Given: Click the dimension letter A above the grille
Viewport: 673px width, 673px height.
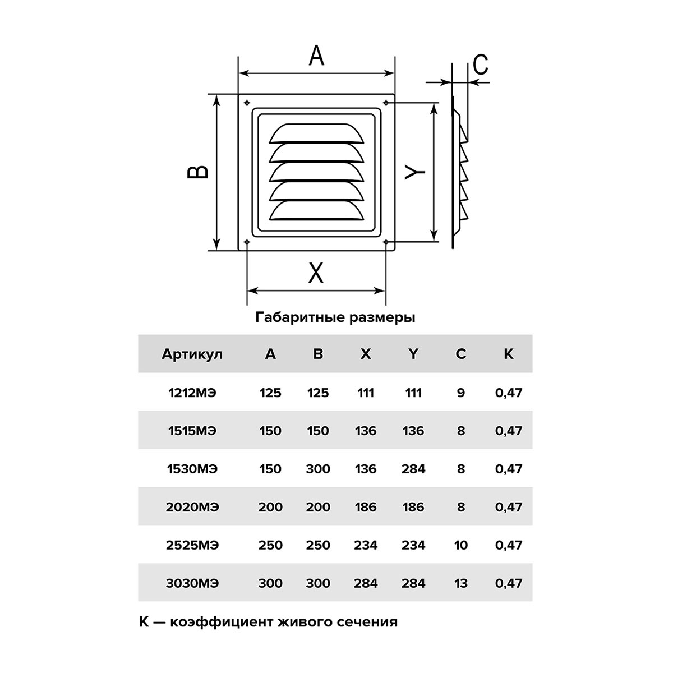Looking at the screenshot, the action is tap(316, 56).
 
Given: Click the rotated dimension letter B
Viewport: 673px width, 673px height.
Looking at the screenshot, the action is tap(198, 172).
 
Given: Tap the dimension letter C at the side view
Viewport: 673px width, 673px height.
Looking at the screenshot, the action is tap(481, 64).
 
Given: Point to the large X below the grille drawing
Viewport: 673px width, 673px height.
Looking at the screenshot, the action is tap(316, 273).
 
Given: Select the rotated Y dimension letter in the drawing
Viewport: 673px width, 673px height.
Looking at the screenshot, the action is tap(415, 172).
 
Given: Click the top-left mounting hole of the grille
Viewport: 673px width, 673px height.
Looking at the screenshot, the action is tap(247, 103).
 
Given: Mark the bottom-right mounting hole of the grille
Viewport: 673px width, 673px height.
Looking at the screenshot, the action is tap(386, 242).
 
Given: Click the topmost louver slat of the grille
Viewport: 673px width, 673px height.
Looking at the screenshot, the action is tap(316, 133).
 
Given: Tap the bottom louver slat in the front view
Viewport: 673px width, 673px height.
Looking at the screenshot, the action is tap(316, 211).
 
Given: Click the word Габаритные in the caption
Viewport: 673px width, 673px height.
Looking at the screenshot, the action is tap(299, 318).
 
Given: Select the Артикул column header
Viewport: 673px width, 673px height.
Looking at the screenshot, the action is tap(192, 354).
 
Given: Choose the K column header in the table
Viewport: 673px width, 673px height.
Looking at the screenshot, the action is tap(509, 354).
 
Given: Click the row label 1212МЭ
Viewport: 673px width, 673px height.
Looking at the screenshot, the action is tap(192, 393).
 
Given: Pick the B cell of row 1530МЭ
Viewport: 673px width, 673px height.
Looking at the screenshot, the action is tap(318, 469).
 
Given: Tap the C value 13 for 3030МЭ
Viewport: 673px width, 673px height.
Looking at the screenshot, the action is tap(460, 583).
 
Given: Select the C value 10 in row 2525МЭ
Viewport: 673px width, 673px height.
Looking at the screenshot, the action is tap(460, 545).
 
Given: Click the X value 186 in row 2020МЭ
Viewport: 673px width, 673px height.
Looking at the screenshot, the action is tap(366, 507).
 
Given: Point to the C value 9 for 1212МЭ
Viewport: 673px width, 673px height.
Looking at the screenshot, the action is tap(460, 393).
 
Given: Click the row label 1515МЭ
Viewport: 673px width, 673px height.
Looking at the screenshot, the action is tap(192, 431).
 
